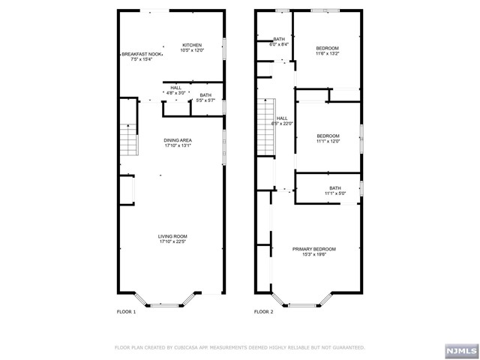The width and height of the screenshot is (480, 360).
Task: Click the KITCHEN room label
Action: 192,45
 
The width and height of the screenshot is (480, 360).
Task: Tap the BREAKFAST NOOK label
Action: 142,54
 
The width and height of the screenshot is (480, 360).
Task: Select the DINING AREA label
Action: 178,140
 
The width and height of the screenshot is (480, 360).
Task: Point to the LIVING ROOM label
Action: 172,236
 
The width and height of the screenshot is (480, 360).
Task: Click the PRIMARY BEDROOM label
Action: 314,249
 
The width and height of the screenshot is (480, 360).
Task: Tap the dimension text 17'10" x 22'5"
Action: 172,241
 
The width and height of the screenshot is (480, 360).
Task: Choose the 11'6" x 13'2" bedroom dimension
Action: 327,53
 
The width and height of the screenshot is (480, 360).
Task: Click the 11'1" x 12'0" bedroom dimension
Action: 328,142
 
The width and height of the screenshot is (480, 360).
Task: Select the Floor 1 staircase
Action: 128,139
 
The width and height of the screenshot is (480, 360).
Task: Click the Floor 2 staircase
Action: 266,127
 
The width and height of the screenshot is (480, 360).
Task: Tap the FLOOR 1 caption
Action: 126,312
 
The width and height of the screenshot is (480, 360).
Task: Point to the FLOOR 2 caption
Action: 263,312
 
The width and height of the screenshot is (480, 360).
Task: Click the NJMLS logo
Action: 462,351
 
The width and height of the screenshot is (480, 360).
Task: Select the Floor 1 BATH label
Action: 205,95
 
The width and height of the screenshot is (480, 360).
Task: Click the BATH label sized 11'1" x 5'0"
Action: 335,188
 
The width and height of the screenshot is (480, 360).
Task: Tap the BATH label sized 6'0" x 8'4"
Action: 279,39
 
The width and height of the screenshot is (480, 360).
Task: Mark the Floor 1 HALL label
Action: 176,88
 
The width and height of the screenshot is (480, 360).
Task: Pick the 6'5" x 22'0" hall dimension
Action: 282,124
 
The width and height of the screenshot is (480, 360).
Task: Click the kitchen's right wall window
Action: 224,49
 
